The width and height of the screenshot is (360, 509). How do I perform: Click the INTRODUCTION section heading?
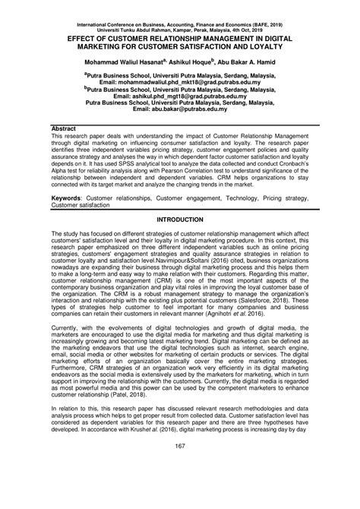[180, 219]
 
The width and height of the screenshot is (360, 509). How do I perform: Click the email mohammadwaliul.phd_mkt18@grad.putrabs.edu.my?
[193, 81]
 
